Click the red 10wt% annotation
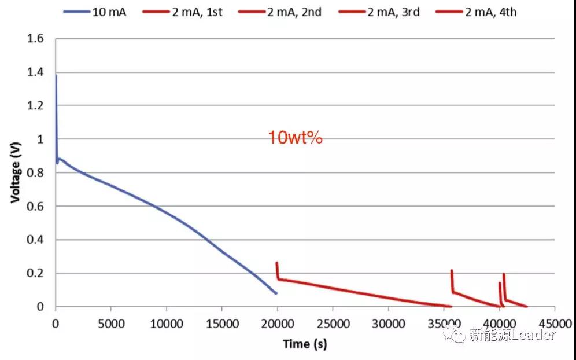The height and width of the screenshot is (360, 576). coord(294,138)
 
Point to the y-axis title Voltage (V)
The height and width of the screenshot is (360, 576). coord(16,172)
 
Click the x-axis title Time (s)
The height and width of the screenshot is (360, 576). coord(305,344)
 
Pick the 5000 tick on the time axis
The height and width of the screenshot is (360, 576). coord(110,322)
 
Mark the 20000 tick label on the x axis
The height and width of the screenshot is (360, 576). coord(277,322)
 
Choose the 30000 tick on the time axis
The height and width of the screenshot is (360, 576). coord(388,322)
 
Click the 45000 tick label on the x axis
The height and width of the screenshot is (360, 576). coord(554,322)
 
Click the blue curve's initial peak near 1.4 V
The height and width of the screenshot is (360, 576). coord(56,75)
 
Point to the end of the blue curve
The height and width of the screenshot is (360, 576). coord(276,293)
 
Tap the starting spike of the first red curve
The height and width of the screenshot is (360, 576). coord(277,263)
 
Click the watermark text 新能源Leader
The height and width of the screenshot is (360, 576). coord(512,335)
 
